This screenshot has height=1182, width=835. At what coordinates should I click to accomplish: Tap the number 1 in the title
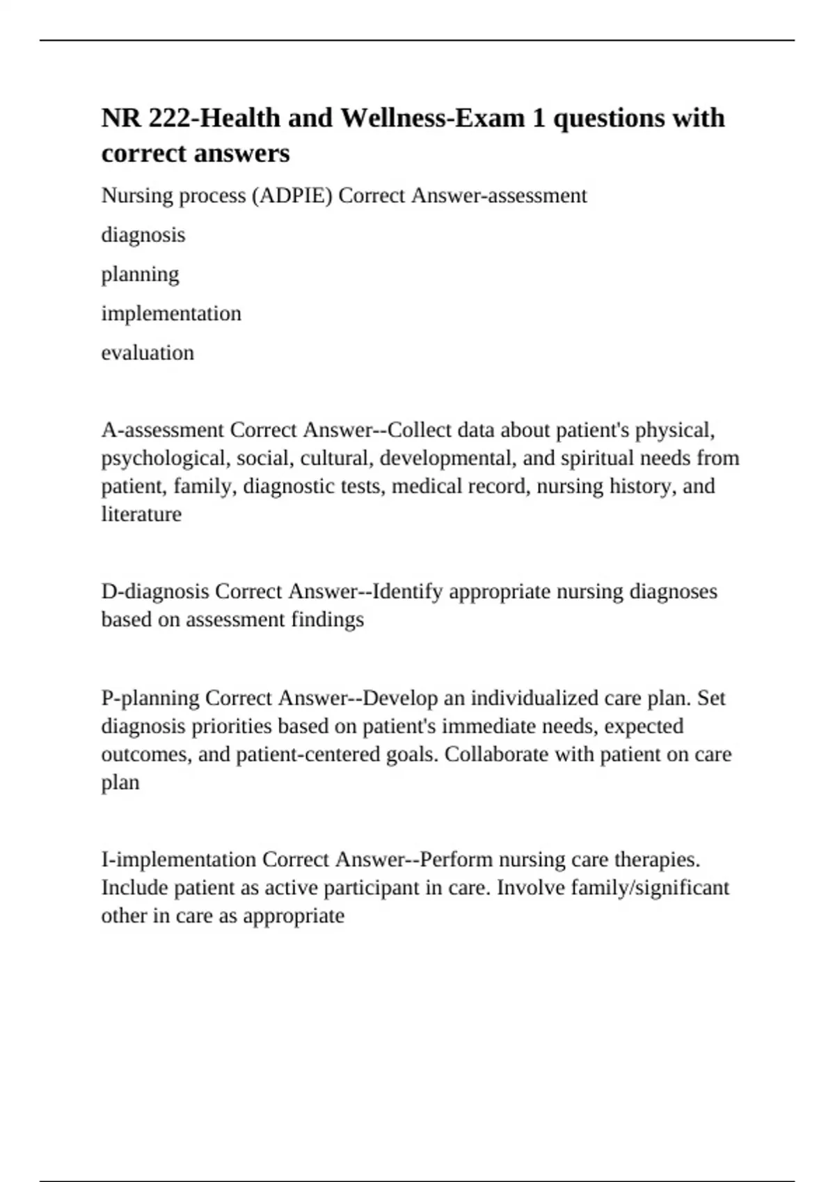pos(539,118)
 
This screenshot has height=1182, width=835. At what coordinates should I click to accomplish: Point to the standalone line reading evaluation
pos(148,353)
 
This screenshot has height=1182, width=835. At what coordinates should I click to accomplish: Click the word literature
pos(141,514)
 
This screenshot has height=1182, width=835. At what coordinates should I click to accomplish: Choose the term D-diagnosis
pos(155,591)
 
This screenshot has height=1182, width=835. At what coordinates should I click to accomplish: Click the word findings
pos(327,619)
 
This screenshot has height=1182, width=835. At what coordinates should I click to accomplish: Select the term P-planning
pos(150,697)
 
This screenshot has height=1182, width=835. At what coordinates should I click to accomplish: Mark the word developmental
pos(445,458)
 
